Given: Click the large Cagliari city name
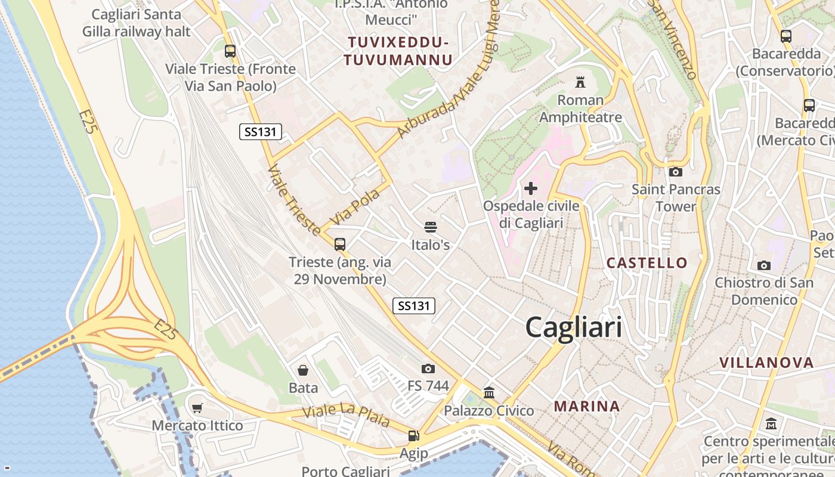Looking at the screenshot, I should pos(573,327).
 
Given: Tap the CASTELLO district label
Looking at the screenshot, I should pos(647,263).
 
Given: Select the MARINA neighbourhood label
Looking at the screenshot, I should pos(587,407).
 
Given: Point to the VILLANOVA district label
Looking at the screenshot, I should pos(766,363).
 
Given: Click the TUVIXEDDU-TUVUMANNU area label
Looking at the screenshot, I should pos(398,51).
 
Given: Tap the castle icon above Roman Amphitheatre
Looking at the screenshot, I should pos(580,82).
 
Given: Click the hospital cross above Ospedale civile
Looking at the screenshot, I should pos(530,189).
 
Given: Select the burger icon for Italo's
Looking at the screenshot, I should pos(431,227).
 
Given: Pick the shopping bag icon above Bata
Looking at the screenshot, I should pos(303,370).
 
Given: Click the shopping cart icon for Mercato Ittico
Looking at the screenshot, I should pos(197,408).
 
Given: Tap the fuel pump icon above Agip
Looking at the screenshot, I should pos(413,436).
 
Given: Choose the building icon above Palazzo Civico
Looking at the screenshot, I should pos(489,392).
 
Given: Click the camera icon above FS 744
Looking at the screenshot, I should pos(428,368).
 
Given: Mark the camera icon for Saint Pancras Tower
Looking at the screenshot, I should pos(676,172).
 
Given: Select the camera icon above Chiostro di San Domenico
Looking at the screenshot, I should pos(763,265).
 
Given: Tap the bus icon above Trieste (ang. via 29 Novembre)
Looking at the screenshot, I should pos(340,244).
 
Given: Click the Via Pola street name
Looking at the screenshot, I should pos(355,207).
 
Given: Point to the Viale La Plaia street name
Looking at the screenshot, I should pos(346,416).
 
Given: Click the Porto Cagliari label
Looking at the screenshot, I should pos(345,471).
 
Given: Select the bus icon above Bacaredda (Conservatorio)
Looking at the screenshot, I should pos(786,36).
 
